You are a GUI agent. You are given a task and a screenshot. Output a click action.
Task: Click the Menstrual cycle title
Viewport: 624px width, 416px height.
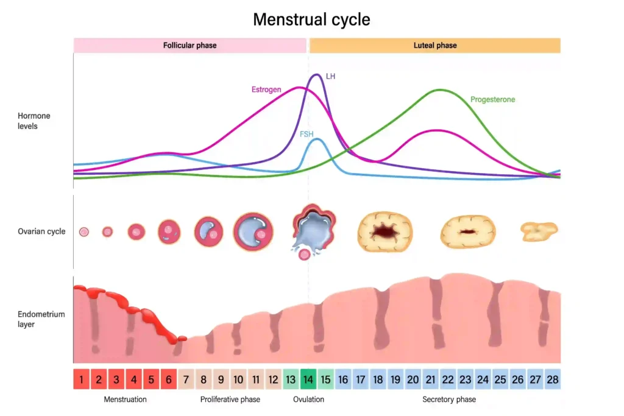[x=311, y=19]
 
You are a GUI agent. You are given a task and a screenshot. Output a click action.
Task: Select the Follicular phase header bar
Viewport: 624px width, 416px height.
[x=190, y=46]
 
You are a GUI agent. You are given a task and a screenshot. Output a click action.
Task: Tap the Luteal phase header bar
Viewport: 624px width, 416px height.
[x=434, y=46]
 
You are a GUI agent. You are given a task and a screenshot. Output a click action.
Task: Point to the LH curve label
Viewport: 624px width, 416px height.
[x=331, y=77]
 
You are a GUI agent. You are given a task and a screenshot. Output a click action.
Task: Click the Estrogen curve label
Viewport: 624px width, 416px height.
[x=266, y=90]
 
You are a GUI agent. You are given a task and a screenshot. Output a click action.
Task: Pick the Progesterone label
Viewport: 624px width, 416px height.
[x=492, y=99]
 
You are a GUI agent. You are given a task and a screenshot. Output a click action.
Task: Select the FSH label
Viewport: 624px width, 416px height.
[x=307, y=134]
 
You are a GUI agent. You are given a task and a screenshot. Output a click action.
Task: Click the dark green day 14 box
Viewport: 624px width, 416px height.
[x=308, y=379]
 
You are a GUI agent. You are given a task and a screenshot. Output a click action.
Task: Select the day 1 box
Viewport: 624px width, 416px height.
[x=82, y=379]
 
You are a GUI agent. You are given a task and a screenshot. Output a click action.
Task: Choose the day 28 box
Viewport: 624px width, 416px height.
[x=552, y=379]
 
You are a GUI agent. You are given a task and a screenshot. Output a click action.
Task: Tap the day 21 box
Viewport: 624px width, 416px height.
[x=430, y=379]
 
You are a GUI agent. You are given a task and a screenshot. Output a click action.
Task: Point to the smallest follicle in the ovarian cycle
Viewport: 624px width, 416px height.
[x=84, y=231]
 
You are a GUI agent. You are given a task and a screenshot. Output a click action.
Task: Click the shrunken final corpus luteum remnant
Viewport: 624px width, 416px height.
[x=539, y=231]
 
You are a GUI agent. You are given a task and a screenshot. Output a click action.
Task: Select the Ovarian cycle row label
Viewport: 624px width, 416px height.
[x=41, y=231]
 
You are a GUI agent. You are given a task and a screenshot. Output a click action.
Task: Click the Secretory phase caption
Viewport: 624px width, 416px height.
[x=448, y=400]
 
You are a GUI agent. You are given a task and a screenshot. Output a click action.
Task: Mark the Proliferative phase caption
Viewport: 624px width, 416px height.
[x=230, y=400]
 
